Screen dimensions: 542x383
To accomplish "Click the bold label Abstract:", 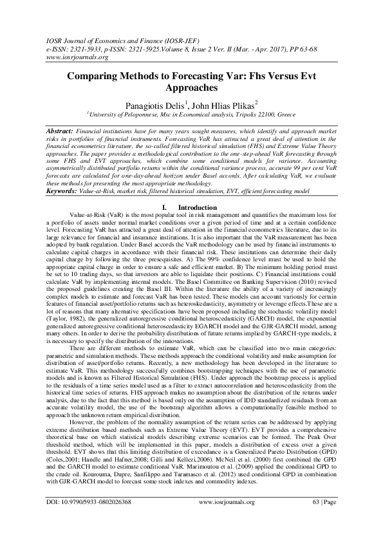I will (62, 131).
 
